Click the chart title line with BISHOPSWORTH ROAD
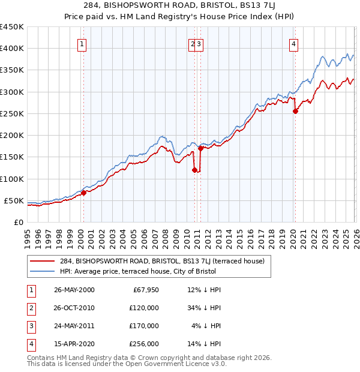(x=180, y=7)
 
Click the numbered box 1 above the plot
(x=82, y=43)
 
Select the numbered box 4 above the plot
(x=294, y=43)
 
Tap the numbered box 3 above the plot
(x=199, y=43)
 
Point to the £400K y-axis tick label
(x=11, y=49)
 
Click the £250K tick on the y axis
(x=11, y=113)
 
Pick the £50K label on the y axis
(x=14, y=200)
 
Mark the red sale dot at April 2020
(x=295, y=111)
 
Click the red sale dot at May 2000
(x=84, y=193)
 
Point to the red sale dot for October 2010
(x=194, y=170)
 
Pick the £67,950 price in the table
(x=144, y=290)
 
